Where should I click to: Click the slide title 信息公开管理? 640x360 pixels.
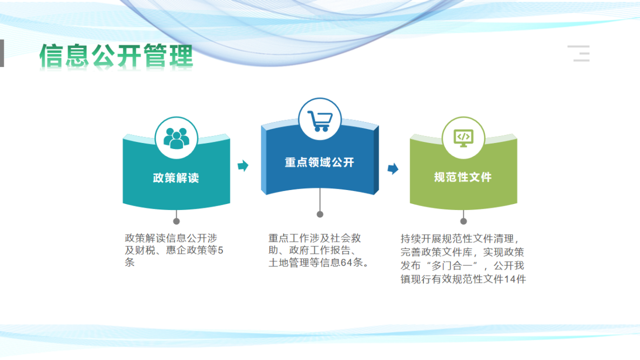[116, 56]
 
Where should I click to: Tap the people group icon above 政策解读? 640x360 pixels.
[176, 138]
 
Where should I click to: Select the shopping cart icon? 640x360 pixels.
[320, 121]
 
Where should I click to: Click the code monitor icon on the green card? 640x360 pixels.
[463, 138]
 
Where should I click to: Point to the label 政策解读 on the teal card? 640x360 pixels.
[176, 178]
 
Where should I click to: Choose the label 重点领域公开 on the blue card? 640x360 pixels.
[320, 162]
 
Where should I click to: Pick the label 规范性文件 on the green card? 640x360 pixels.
[463, 177]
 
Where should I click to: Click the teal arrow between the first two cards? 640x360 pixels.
[243, 166]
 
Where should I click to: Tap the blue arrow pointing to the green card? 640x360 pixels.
[393, 168]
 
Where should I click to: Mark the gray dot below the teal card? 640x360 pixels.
[176, 221]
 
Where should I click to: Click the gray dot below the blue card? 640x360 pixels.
[320, 214]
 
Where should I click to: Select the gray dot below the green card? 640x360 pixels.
[463, 221]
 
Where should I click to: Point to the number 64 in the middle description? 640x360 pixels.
[347, 262]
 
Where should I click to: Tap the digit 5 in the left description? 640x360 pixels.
[220, 250]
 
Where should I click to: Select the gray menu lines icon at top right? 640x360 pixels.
[579, 53]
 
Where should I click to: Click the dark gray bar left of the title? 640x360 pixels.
[2, 53]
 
